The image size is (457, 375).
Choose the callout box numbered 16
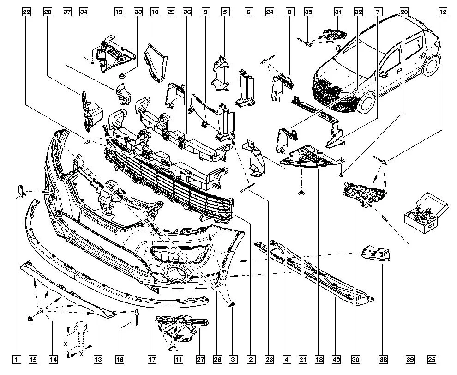120,360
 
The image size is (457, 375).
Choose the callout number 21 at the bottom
302,360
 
